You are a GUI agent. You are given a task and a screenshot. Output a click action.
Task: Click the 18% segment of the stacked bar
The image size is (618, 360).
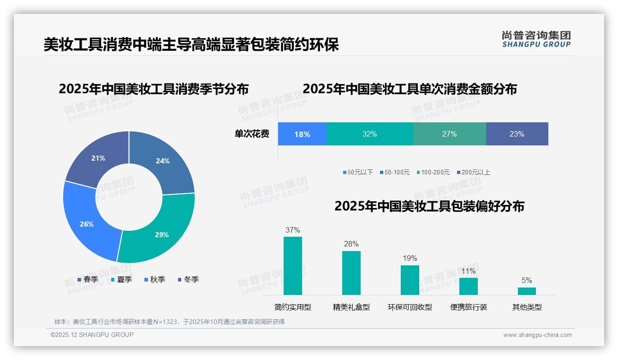tap(302, 134)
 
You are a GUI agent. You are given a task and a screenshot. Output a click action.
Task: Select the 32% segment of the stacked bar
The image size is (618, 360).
tap(369, 134)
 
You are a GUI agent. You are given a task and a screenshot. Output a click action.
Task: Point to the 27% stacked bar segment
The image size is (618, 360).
tap(449, 134)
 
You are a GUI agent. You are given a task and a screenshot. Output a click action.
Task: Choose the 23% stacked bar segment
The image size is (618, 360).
tap(517, 134)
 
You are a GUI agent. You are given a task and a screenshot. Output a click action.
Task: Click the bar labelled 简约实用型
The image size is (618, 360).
tap(293, 266)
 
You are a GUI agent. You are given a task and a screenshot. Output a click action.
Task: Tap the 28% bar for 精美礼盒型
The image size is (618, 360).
tap(351, 273)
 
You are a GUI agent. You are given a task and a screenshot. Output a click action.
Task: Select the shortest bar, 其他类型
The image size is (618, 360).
tap(527, 291)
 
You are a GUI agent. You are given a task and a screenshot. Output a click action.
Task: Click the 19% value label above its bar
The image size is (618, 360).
tap(410, 258)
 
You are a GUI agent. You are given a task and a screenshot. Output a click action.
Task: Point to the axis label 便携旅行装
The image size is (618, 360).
tap(469, 307)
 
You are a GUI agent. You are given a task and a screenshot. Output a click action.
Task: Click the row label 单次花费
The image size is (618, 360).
tap(252, 134)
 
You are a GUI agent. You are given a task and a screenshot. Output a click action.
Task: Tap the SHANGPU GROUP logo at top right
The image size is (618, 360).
tap(536, 39)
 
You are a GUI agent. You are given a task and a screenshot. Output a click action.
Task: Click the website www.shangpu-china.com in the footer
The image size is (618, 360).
tap(537, 335)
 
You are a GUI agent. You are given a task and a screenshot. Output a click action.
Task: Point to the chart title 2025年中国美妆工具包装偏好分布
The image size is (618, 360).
tap(429, 206)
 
